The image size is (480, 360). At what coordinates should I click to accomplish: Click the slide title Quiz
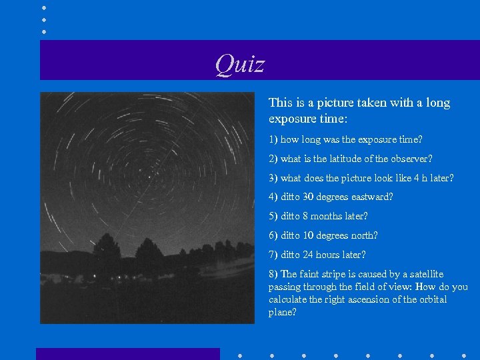(x=239, y=65)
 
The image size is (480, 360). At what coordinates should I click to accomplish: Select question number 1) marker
(x=273, y=140)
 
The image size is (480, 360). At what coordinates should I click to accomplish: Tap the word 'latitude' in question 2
(x=337, y=159)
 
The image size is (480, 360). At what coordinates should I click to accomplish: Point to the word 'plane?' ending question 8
(x=283, y=312)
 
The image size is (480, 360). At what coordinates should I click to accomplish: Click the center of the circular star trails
(x=150, y=175)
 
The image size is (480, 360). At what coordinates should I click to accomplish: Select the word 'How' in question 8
(x=425, y=287)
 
